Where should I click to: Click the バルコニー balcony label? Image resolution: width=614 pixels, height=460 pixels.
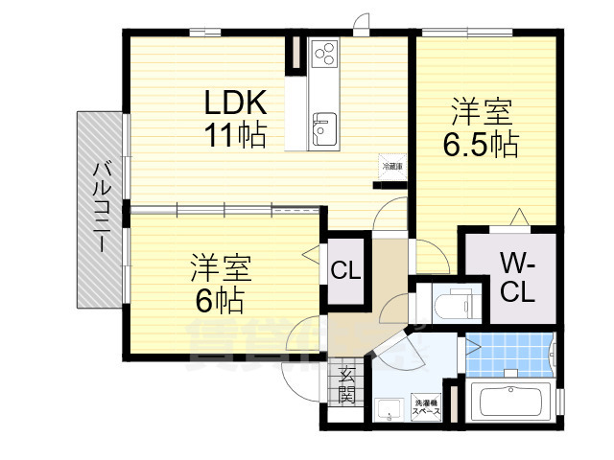[x=99, y=210]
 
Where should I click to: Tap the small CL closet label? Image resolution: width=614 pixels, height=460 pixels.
[x=345, y=271]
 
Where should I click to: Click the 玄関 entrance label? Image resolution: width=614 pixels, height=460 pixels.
[x=346, y=382]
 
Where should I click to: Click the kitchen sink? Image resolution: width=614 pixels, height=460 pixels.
[x=322, y=126]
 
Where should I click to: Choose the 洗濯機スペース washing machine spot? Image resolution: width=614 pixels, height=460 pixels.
[x=426, y=406]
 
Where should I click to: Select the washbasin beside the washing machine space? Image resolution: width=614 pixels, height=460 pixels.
[x=389, y=411]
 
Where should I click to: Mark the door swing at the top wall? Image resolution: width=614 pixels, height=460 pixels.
[x=362, y=23]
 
